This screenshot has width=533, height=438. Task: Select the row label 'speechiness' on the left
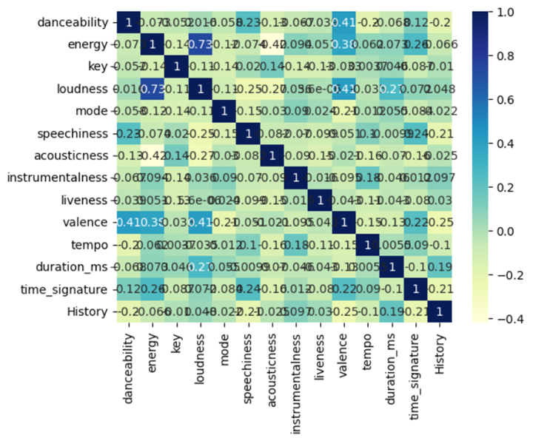pyautogui.click(x=76, y=133)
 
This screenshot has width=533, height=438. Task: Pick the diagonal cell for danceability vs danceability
pyautogui.click(x=127, y=23)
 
